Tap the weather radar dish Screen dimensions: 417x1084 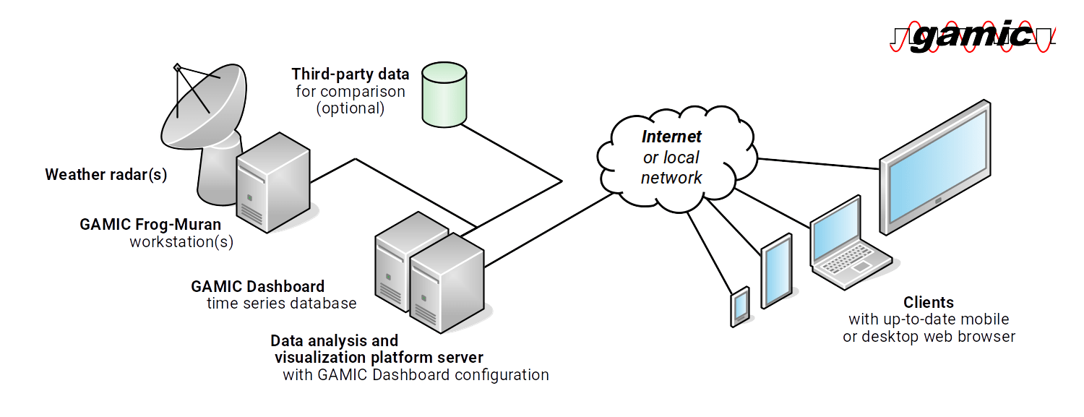(202, 108)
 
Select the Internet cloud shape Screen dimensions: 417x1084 (676, 155)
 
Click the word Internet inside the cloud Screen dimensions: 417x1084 (672, 137)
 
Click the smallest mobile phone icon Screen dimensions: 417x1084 (740, 306)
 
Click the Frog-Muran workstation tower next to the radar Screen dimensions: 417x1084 (273, 184)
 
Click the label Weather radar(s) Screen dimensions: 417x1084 (106, 175)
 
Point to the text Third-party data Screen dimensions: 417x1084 (350, 74)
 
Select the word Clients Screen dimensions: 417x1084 (929, 303)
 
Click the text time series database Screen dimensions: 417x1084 (282, 304)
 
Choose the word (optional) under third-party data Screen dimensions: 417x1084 (350, 110)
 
